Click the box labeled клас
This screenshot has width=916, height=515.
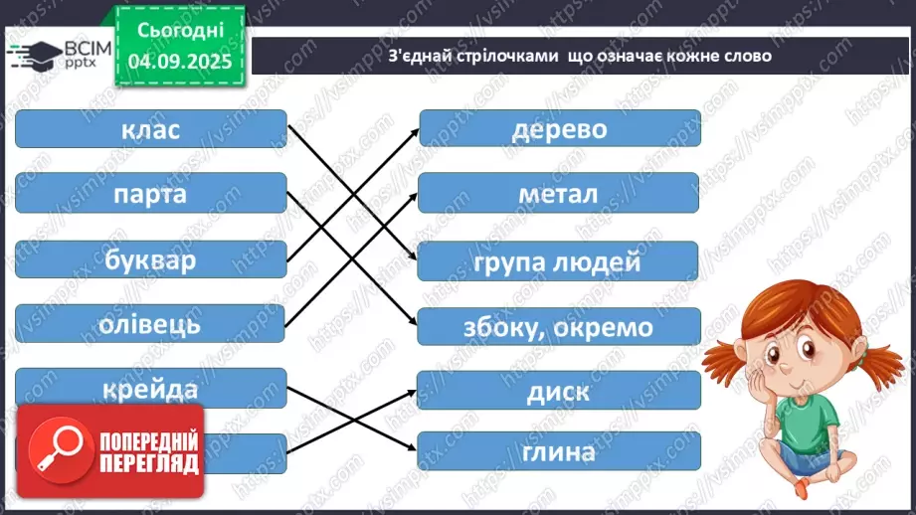click(151, 130)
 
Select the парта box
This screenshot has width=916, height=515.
click(151, 193)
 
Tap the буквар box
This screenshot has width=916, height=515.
click(151, 259)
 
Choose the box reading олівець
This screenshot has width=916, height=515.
click(151, 323)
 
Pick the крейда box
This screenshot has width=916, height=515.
click(151, 388)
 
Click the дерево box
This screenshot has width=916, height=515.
click(559, 129)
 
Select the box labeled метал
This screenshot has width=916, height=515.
click(559, 194)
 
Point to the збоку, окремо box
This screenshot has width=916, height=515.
click(559, 327)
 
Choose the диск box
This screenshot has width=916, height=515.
click(559, 391)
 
